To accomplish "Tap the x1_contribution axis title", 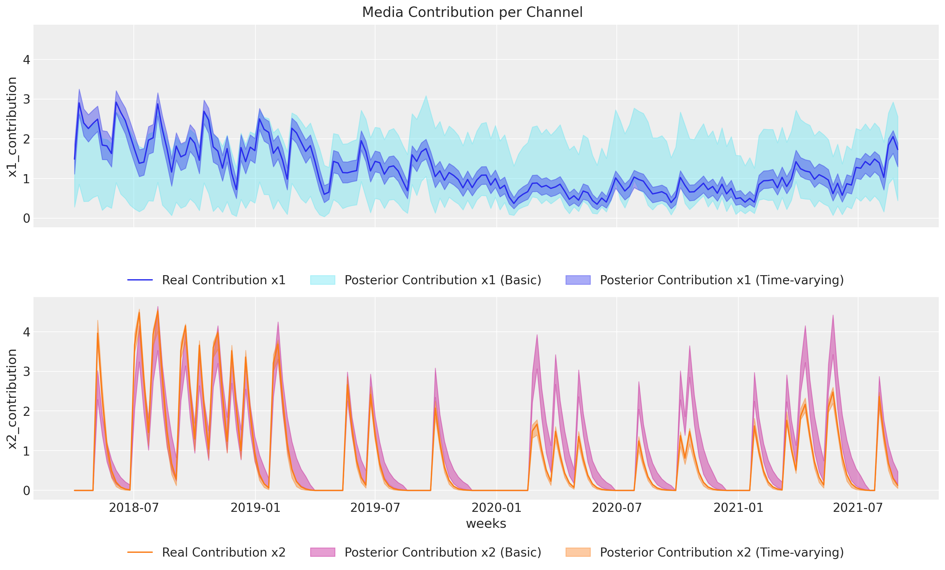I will (x=12, y=127).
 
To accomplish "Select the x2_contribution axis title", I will (x=12, y=399).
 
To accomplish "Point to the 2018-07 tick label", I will (x=133, y=508).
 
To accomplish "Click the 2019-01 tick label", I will (x=255, y=508).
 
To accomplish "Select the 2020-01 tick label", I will (x=496, y=508).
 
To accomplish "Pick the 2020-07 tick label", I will (x=617, y=508).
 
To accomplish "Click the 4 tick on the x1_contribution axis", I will (x=27, y=60).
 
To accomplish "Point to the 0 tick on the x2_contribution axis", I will (x=27, y=491).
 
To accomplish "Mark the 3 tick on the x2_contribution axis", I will (x=27, y=371).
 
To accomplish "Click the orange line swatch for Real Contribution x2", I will (x=140, y=552).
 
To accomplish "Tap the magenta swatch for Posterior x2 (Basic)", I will (x=323, y=552).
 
